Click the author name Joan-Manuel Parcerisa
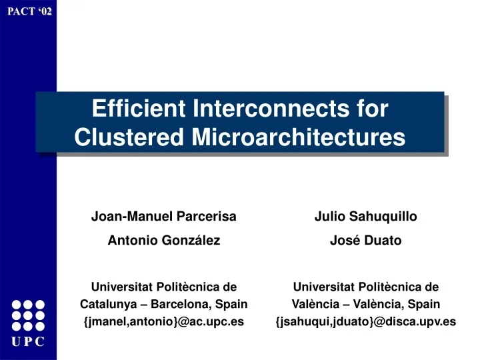[x=164, y=217]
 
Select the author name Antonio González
[x=164, y=241]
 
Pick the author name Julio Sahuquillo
[x=365, y=217]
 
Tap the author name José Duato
[x=365, y=241]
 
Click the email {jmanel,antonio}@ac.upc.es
[x=164, y=322]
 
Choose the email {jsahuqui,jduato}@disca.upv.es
[x=365, y=322]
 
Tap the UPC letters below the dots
[x=28, y=342]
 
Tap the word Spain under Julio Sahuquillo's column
[x=425, y=305]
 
